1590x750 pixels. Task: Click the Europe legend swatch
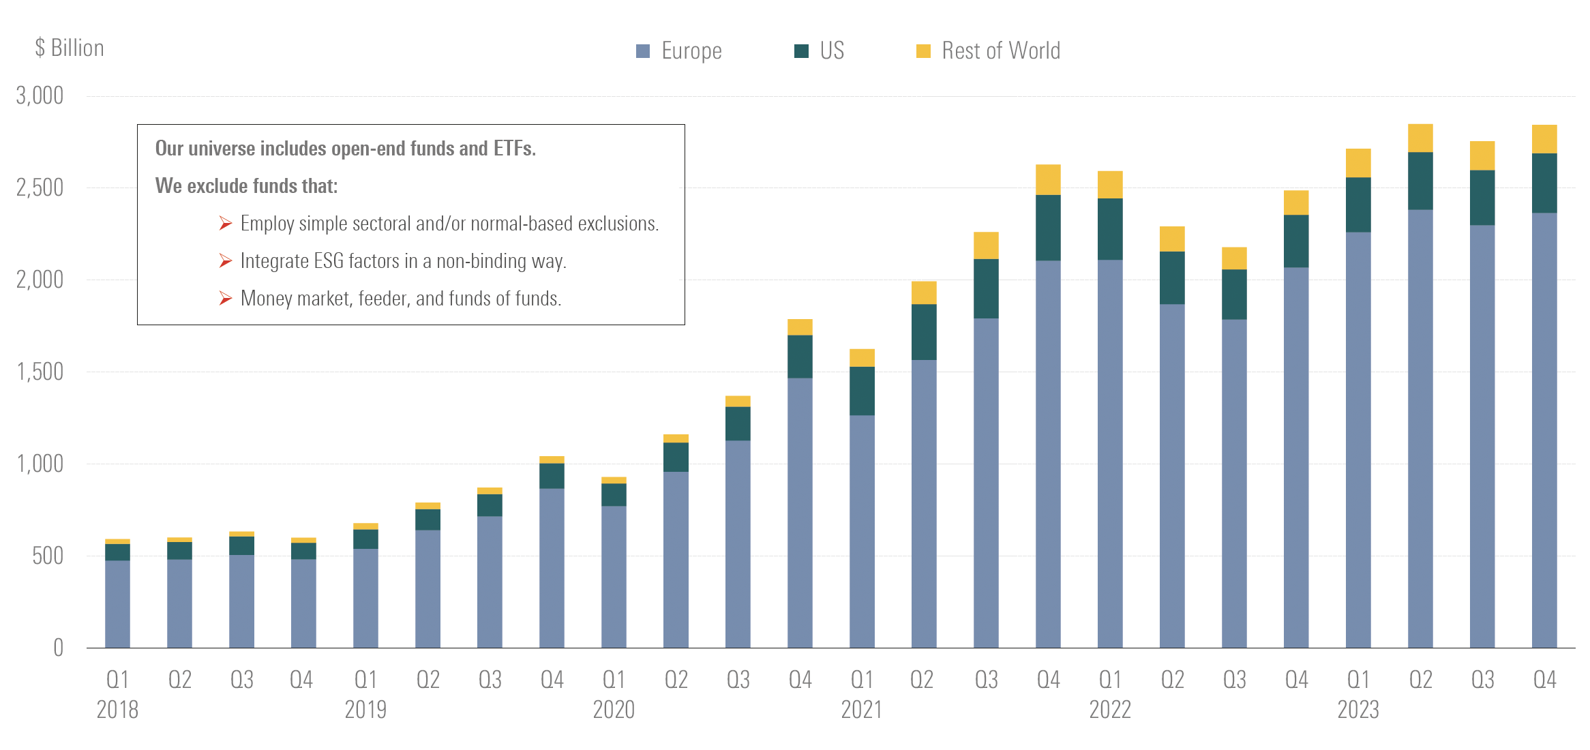pyautogui.click(x=642, y=51)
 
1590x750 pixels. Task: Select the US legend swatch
pyautogui.click(x=801, y=51)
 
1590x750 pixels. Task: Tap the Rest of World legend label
pyautogui.click(x=1000, y=51)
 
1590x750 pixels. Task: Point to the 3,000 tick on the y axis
pyautogui.click(x=40, y=95)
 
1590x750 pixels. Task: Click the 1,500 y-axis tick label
pyautogui.click(x=40, y=372)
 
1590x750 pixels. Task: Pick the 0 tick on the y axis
pyautogui.click(x=59, y=648)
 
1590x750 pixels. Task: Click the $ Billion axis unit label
pyautogui.click(x=70, y=48)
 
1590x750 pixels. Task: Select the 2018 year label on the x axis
pyautogui.click(x=117, y=710)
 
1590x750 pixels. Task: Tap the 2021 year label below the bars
pyautogui.click(x=861, y=710)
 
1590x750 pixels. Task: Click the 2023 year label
pyautogui.click(x=1357, y=710)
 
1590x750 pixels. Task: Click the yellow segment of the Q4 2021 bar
pyautogui.click(x=1048, y=180)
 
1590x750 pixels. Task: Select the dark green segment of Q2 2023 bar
pyautogui.click(x=1420, y=181)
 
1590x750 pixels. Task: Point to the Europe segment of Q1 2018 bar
pyautogui.click(x=117, y=604)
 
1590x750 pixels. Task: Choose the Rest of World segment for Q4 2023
pyautogui.click(x=1544, y=139)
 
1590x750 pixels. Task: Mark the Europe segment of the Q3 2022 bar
pyautogui.click(x=1234, y=483)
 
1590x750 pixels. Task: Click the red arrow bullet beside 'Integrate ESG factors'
pyautogui.click(x=226, y=261)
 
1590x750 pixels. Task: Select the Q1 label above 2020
pyautogui.click(x=614, y=680)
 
